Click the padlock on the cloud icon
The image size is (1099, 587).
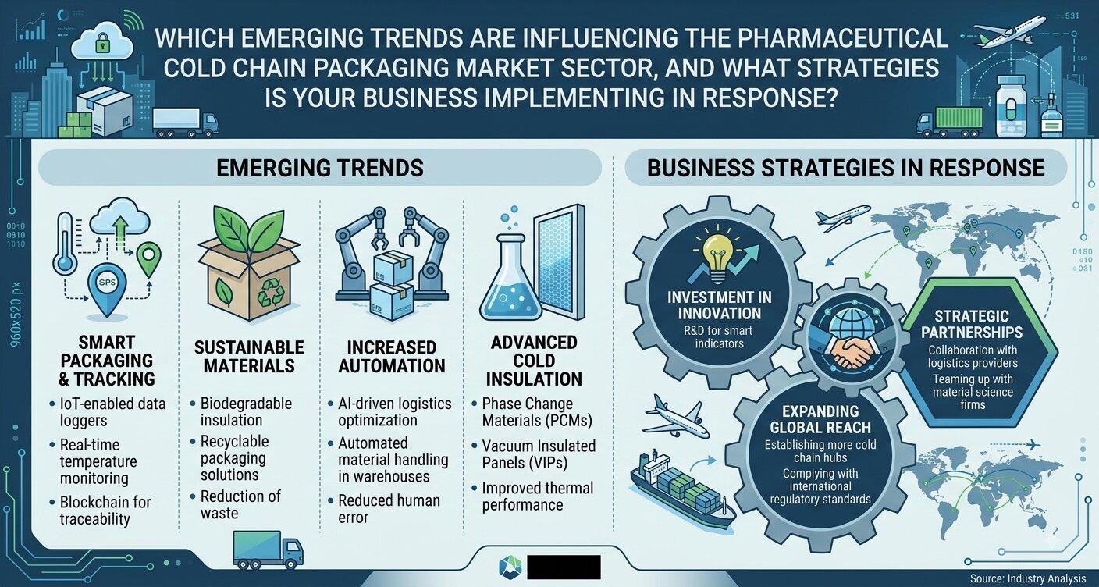[x=101, y=43]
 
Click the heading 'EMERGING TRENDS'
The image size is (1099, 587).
[x=320, y=168]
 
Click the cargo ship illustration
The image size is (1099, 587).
[x=682, y=491]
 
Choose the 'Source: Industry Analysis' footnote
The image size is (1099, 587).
[x=1027, y=578]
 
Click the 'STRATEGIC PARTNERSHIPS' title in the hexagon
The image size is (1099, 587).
[x=972, y=324]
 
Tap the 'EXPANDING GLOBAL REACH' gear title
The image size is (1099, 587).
[x=820, y=419]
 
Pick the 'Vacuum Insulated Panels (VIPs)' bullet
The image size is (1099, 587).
[x=535, y=454]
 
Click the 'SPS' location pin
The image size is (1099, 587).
[x=106, y=288]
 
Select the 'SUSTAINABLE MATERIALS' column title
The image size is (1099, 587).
[x=249, y=356]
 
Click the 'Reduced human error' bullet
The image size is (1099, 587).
[x=384, y=509]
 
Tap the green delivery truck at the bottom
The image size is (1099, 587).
[x=268, y=550]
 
